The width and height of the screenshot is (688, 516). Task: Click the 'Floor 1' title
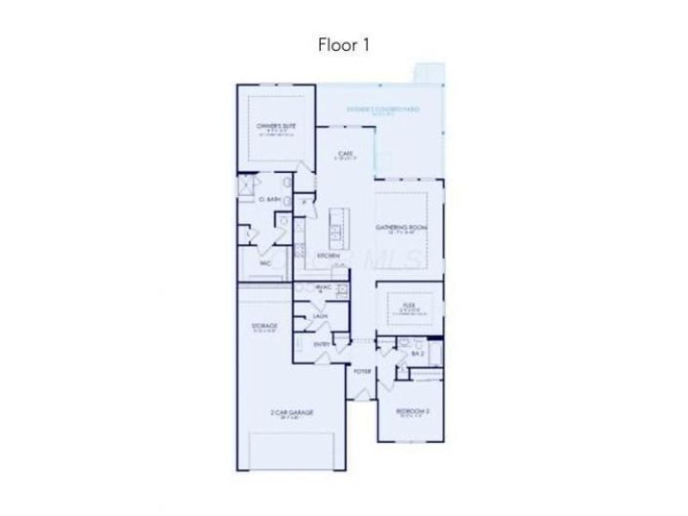pos(343,44)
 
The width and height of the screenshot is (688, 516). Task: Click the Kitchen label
pos(328,255)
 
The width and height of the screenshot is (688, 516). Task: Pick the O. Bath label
pos(270,199)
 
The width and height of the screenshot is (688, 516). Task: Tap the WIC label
pos(266,264)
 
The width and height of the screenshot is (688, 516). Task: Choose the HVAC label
pos(324,287)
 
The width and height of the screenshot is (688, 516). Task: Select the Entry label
pos(322,345)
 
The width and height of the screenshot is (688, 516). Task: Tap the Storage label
pos(264,327)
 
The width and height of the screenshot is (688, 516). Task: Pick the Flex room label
pos(409,304)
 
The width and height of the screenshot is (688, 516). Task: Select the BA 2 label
pos(418,353)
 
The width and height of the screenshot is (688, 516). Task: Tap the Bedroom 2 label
pos(412,411)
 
